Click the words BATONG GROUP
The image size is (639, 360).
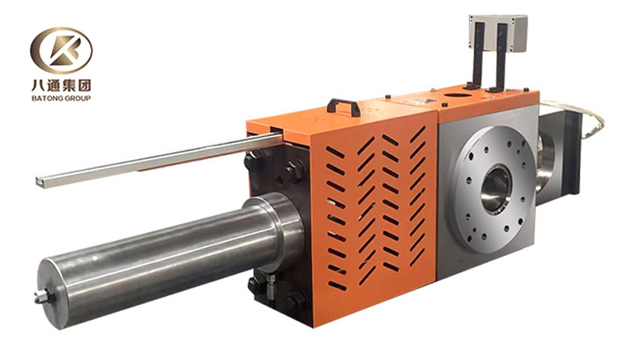(60, 98)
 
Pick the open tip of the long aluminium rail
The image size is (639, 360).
(40, 181)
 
